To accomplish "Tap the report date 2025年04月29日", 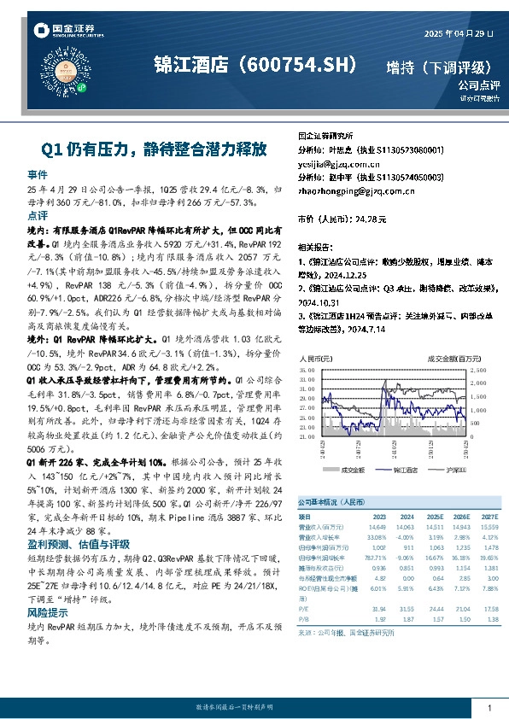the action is point(459,32).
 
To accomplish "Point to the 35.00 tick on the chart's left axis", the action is point(309,369).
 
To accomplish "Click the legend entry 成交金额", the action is point(352,469).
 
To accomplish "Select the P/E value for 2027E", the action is point(488,608).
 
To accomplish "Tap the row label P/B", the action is point(304,619).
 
